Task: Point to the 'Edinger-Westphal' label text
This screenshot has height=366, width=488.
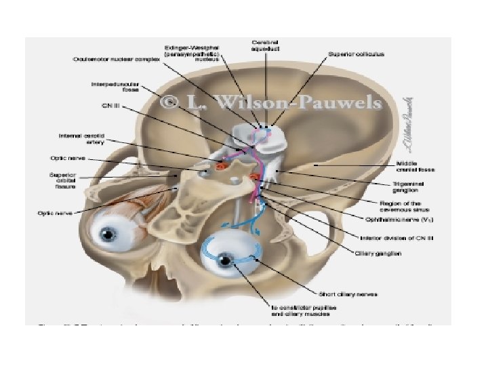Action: pos(186,48)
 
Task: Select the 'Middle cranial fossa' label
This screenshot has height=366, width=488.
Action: pos(415,167)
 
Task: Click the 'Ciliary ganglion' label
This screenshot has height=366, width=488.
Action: pos(379,253)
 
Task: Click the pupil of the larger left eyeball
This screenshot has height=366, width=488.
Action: pos(108,235)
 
